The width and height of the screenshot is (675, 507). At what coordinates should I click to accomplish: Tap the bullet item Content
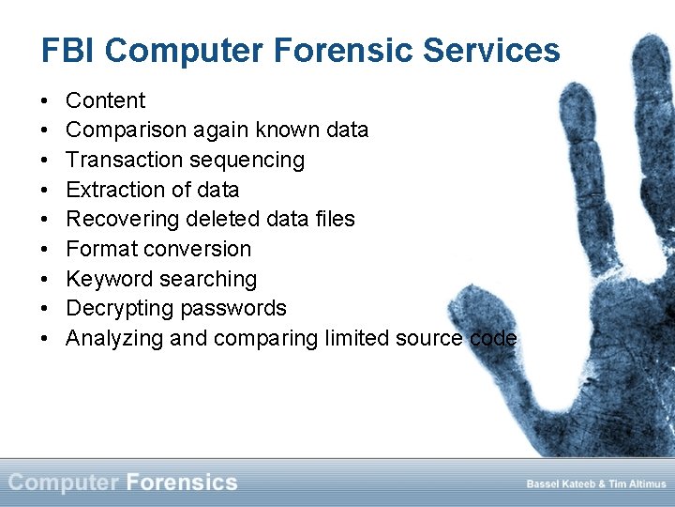coord(105,100)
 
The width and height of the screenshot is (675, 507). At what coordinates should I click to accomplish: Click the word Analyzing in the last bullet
coord(114,339)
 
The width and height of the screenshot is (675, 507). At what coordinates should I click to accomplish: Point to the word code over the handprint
coord(493,338)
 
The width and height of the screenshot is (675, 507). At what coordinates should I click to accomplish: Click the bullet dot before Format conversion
coord(46,250)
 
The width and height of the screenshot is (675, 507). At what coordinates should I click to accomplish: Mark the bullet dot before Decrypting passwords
coord(46,309)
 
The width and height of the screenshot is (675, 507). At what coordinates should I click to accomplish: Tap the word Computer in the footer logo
coord(63,483)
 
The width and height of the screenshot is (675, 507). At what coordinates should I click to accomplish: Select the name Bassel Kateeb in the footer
coord(560,484)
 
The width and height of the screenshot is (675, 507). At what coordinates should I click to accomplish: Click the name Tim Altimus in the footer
coord(637,484)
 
